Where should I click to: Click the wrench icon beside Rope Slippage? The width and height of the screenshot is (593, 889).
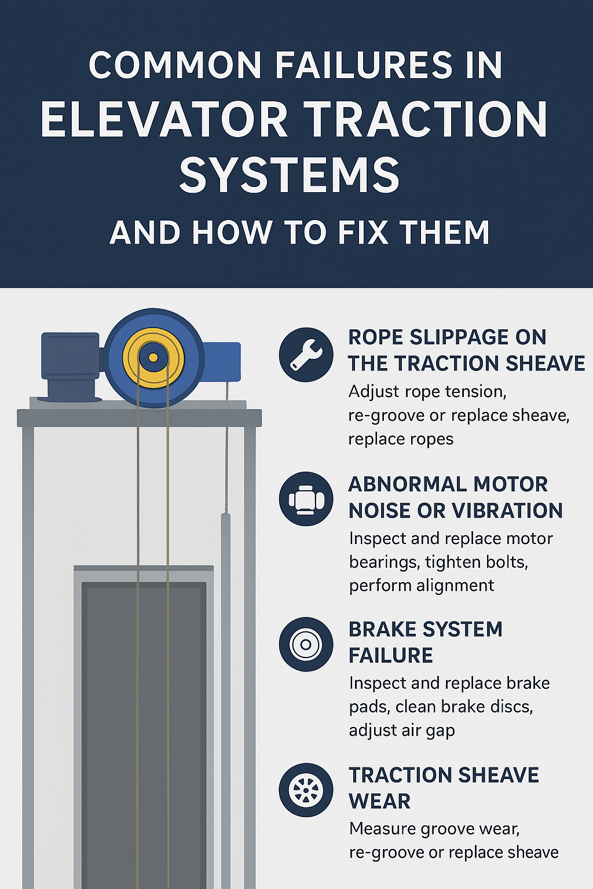point(306,355)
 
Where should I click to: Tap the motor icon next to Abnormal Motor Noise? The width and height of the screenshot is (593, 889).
point(306,499)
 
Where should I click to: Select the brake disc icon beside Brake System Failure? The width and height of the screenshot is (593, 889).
point(306,644)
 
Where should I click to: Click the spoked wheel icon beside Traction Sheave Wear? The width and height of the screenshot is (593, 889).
point(306,789)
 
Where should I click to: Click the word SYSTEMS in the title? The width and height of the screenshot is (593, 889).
point(290,175)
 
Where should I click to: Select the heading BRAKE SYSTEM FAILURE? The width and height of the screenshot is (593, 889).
point(426,642)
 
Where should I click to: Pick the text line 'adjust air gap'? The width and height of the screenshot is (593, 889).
point(402,730)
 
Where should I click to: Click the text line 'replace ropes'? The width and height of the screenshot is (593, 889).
point(401,439)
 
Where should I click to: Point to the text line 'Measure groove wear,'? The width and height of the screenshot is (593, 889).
point(434,829)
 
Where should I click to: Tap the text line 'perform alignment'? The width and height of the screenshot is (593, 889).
point(422,586)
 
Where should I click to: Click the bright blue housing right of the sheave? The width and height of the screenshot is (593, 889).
point(222,361)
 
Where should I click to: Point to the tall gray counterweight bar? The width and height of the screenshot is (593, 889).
point(226,695)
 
